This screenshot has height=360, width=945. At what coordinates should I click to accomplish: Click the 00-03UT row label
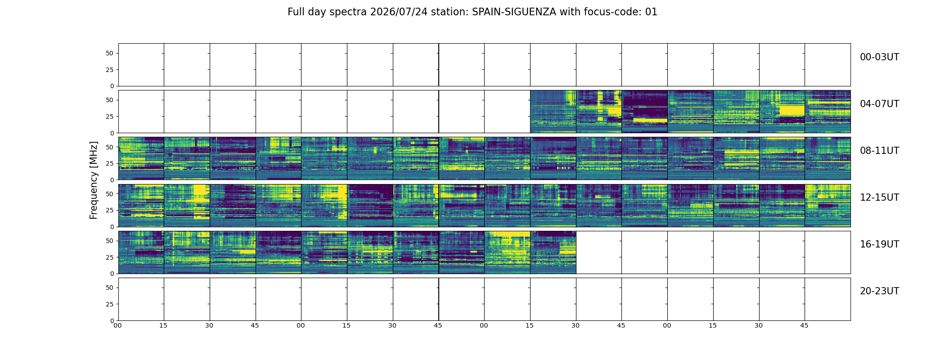pyautogui.click(x=879, y=57)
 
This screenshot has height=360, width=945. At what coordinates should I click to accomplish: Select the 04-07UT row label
pyautogui.click(x=879, y=104)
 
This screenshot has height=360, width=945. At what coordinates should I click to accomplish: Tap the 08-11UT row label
pyautogui.click(x=879, y=151)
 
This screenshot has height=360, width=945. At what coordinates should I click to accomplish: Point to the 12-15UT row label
pyautogui.click(x=879, y=198)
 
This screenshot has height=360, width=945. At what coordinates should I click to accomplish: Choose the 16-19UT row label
pyautogui.click(x=879, y=244)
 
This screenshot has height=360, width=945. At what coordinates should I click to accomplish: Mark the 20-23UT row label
pyautogui.click(x=879, y=291)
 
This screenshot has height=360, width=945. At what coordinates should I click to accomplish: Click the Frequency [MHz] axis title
pyautogui.click(x=94, y=180)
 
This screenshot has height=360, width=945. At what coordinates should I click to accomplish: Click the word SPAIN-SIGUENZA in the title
pyautogui.click(x=514, y=12)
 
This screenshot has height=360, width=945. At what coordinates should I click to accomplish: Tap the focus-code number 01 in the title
pyautogui.click(x=651, y=12)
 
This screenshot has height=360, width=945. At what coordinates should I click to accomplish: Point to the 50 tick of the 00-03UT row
pyautogui.click(x=110, y=53)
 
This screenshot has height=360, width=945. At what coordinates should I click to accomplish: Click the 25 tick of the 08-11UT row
pyautogui.click(x=110, y=163)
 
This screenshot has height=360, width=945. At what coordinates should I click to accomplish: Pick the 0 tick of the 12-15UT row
pyautogui.click(x=112, y=227)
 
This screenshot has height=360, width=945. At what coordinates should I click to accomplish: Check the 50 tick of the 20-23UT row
pyautogui.click(x=110, y=288)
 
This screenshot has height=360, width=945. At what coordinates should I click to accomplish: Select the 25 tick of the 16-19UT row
pyautogui.click(x=110, y=257)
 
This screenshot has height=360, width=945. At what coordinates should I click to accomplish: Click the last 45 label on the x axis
pyautogui.click(x=804, y=325)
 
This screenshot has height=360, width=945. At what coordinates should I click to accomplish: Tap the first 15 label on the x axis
pyautogui.click(x=163, y=325)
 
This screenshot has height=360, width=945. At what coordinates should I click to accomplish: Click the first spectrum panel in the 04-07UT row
pyautogui.click(x=553, y=112)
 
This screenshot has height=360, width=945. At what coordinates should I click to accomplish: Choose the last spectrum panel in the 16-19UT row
pyautogui.click(x=553, y=252)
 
